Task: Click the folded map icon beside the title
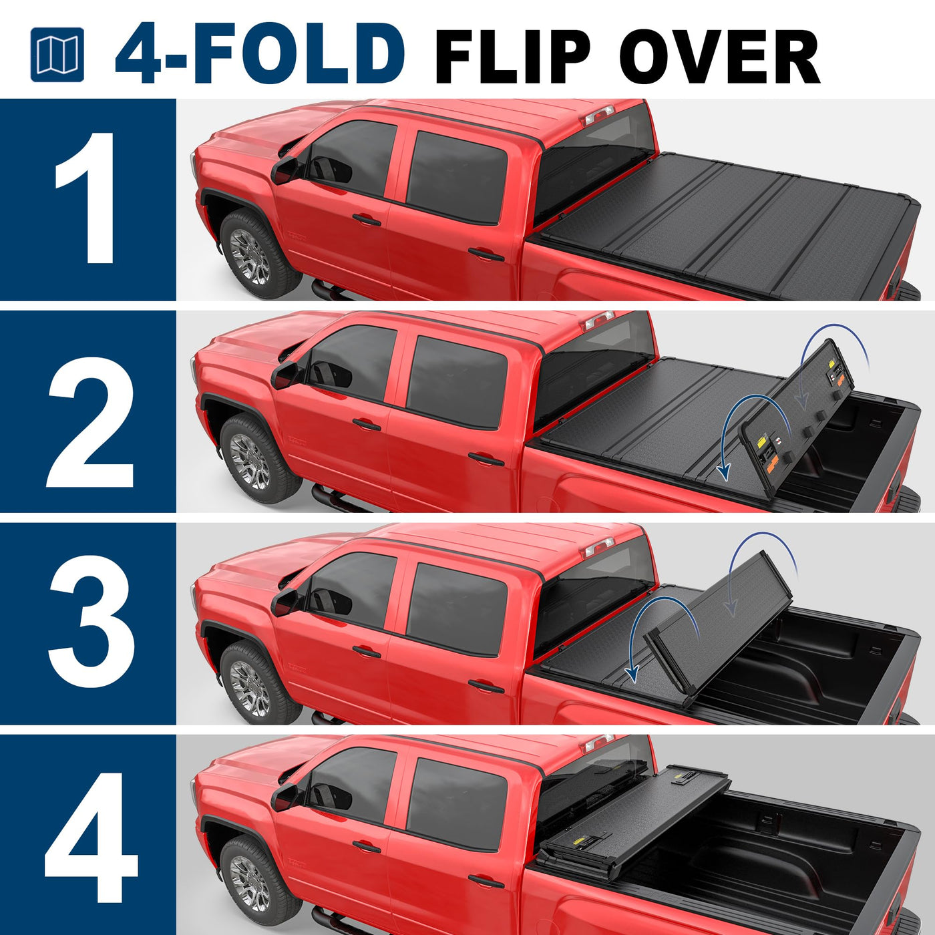point(57,55)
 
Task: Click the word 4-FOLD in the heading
point(260,53)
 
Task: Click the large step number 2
point(89,421)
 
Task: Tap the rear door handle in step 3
point(486,686)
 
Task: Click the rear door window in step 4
point(456,805)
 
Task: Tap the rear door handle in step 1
point(486,254)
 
